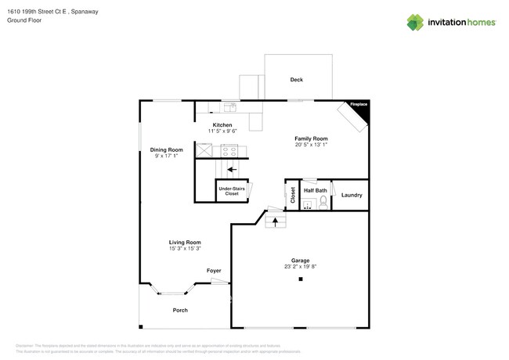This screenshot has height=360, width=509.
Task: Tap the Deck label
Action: [296, 80]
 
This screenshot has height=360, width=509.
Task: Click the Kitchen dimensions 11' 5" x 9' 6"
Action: [222, 131]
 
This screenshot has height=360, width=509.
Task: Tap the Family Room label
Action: [311, 139]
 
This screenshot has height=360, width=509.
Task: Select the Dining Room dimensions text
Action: [166, 156]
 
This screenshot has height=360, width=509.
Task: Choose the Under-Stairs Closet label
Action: [232, 191]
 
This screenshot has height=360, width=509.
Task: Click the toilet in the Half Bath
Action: [324, 201]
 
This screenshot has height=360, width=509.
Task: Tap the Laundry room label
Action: [352, 195]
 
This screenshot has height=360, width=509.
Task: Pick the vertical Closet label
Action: [293, 195]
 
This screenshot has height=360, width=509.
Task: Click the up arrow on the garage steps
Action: [274, 223]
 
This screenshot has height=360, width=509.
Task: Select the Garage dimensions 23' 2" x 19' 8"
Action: [301, 266]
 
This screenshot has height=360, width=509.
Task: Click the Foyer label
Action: [214, 271]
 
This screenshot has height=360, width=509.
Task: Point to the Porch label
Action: [180, 310]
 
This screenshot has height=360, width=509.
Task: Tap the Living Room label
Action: [185, 243]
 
